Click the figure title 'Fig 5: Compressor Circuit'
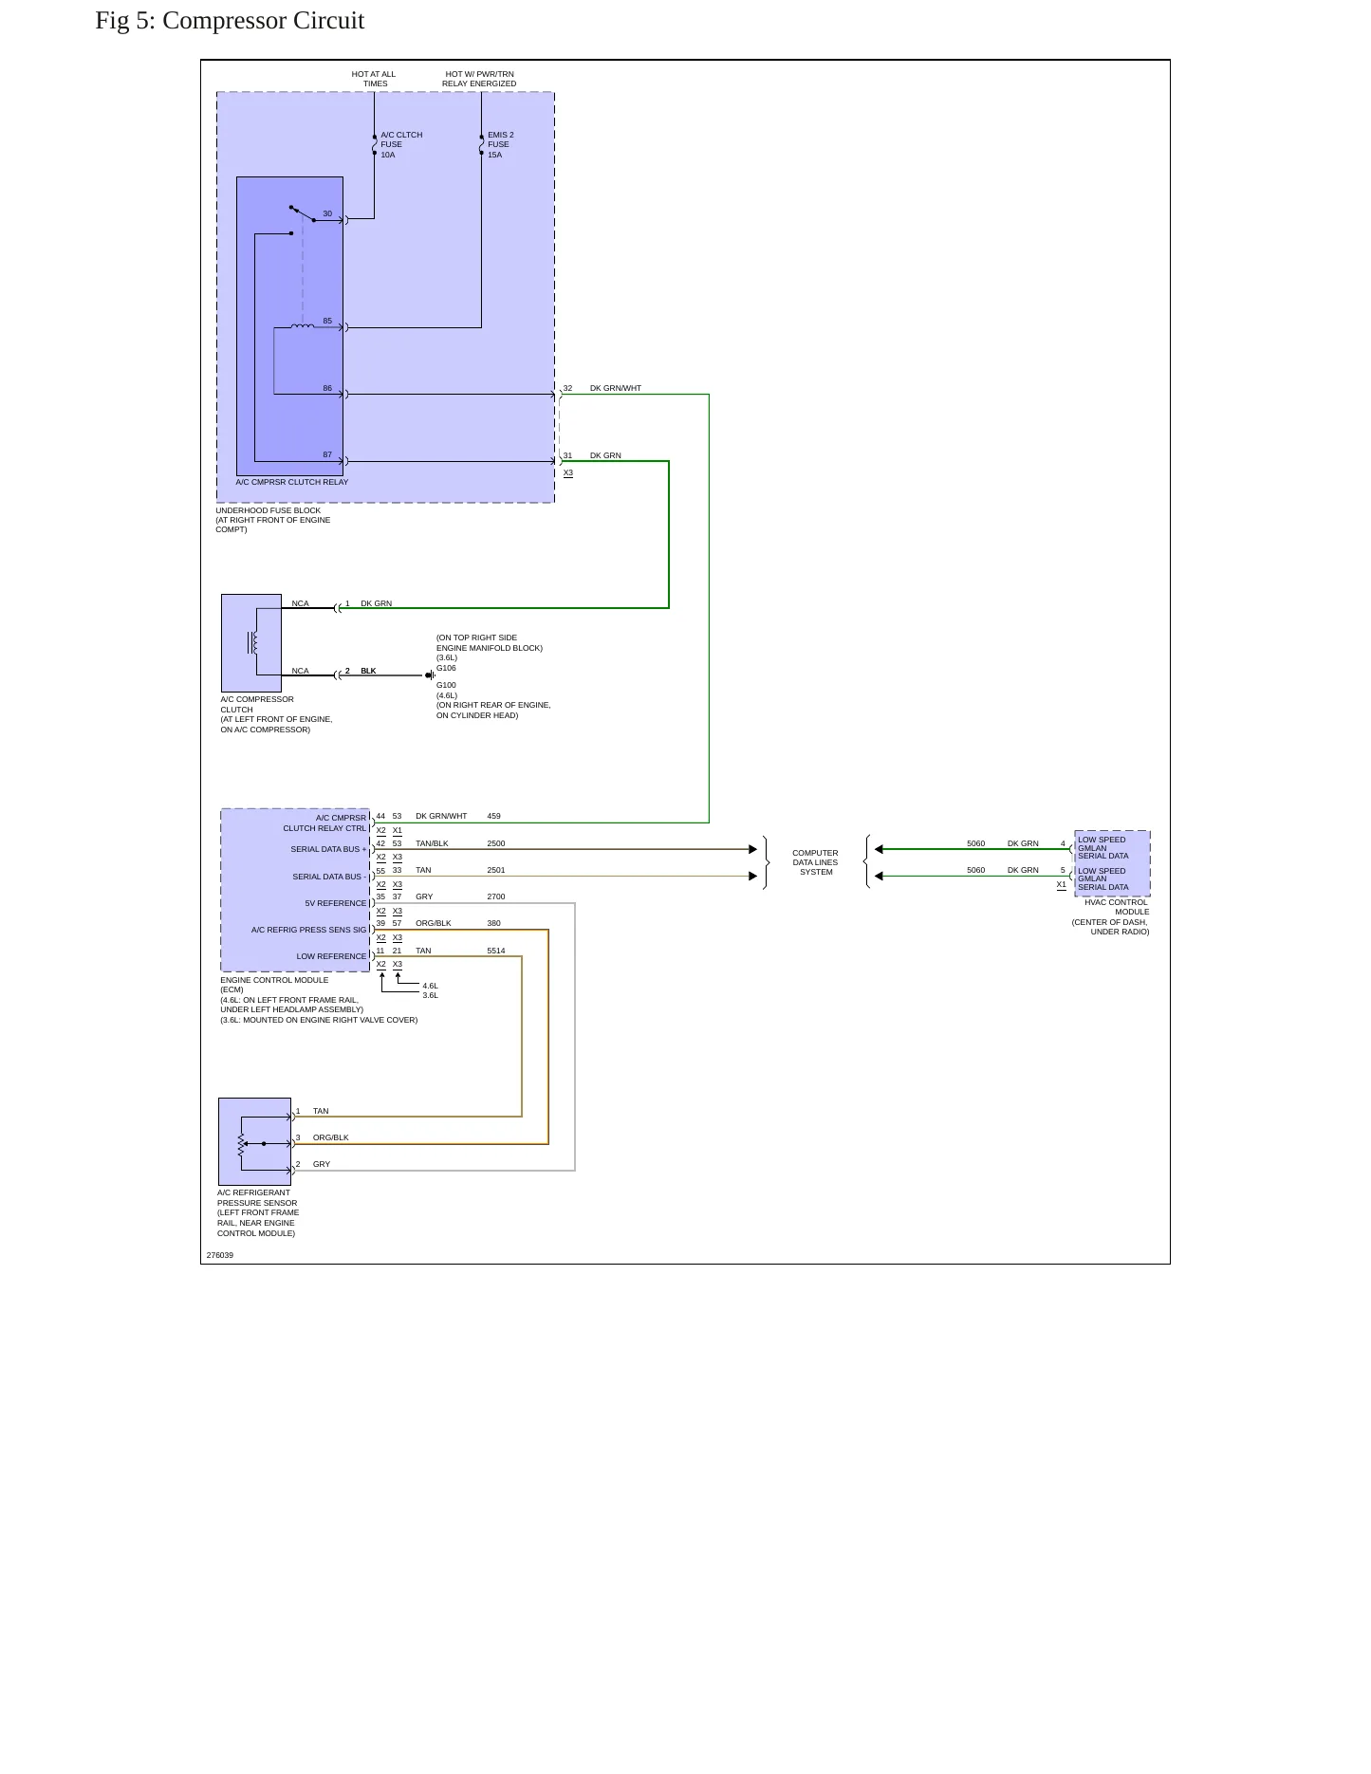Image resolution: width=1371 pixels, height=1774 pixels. click(x=230, y=21)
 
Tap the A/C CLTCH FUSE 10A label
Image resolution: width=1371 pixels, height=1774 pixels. click(x=401, y=145)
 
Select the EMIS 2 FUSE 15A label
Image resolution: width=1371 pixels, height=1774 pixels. click(x=501, y=145)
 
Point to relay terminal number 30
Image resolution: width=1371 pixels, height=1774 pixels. click(x=327, y=214)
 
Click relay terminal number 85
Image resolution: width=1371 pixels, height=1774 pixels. click(x=327, y=322)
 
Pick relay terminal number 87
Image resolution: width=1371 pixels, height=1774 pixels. click(x=327, y=455)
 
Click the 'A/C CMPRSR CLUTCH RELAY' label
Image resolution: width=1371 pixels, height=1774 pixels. click(x=292, y=482)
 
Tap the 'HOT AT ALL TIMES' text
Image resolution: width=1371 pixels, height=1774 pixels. click(x=374, y=79)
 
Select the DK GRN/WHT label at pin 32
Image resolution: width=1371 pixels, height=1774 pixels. click(x=616, y=389)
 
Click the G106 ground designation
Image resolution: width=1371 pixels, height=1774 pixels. click(x=446, y=668)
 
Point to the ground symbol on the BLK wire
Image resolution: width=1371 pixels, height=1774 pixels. click(x=430, y=675)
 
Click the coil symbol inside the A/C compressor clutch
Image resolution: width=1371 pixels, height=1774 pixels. click(x=252, y=643)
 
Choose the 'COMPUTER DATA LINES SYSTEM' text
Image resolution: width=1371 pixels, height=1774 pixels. click(x=816, y=862)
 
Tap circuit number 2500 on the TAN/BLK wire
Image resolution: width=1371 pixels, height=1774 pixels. click(x=496, y=843)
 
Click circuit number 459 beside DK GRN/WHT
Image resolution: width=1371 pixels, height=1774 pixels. click(x=493, y=816)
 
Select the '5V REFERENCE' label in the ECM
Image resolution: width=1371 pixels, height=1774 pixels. click(x=335, y=903)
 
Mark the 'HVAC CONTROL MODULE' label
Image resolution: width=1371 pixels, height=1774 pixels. click(x=1117, y=907)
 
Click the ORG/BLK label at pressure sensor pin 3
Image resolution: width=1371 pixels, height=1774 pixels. click(x=331, y=1137)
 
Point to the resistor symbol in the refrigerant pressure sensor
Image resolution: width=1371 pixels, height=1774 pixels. click(x=242, y=1144)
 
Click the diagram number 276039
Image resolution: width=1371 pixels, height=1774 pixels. click(x=220, y=1255)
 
